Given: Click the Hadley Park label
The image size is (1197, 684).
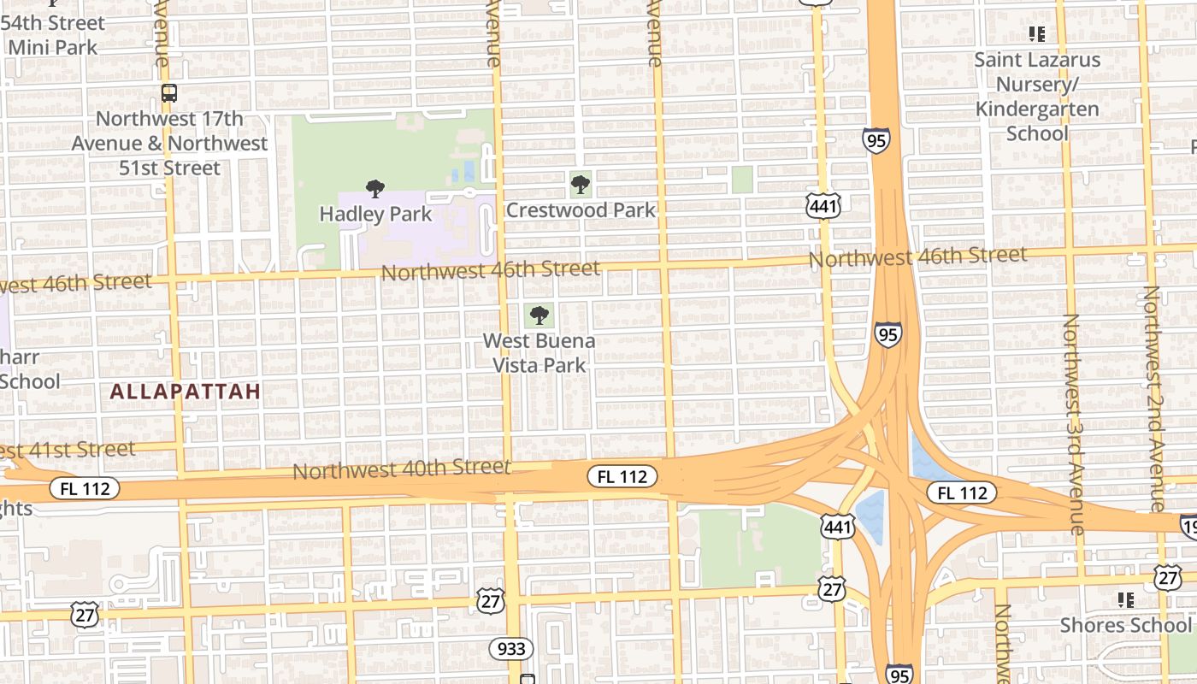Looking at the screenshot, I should click(x=375, y=213).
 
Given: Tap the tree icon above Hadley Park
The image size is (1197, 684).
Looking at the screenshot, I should click(x=374, y=189).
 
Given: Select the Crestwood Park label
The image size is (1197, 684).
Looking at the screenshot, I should click(x=581, y=209).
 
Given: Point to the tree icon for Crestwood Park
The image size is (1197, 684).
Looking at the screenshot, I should click(x=581, y=183).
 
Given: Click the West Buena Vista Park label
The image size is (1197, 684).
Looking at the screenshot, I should click(x=539, y=353).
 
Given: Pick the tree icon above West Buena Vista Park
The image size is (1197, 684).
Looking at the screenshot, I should click(x=539, y=315).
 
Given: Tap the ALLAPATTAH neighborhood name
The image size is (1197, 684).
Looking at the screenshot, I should click(x=186, y=392).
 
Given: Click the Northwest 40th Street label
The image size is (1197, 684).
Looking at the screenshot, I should click(x=402, y=469).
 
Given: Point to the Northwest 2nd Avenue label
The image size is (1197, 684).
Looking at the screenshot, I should click(x=1153, y=398).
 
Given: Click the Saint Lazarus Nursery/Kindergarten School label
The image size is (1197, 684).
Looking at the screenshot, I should click(x=1037, y=97).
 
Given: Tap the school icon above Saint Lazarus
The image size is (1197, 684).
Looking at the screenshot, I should click(x=1037, y=34).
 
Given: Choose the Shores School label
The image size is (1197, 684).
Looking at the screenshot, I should click(x=1125, y=625).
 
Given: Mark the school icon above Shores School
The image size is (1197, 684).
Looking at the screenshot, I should click(x=1125, y=600).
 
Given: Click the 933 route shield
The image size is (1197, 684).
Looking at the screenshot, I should click(x=511, y=649).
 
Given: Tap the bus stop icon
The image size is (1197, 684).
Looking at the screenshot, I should click(x=169, y=92).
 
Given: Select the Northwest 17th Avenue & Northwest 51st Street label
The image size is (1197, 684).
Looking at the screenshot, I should click(x=169, y=143).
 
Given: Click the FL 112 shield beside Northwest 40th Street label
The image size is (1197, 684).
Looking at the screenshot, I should click(x=622, y=476).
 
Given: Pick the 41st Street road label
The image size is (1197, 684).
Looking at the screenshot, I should click(x=68, y=450).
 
